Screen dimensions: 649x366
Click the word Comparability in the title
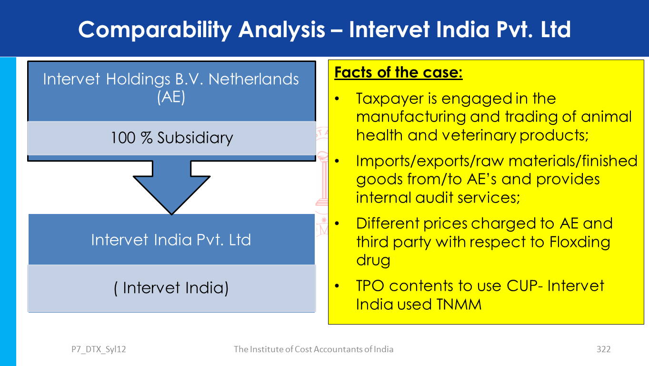[155, 30]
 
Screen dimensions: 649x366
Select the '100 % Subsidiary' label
[172, 138]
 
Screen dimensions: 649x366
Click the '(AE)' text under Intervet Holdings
[171, 97]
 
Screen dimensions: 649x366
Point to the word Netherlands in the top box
[253, 79]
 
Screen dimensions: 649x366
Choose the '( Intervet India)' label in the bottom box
[171, 288]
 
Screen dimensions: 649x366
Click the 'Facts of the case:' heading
[399, 72]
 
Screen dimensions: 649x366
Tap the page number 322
[603, 349]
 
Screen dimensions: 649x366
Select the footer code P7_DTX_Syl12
[99, 349]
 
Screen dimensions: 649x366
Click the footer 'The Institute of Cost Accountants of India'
[313, 349]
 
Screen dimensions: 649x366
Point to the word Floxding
[580, 242]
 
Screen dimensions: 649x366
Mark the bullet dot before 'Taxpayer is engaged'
[337, 99]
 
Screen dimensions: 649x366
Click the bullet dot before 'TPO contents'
[337, 286]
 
